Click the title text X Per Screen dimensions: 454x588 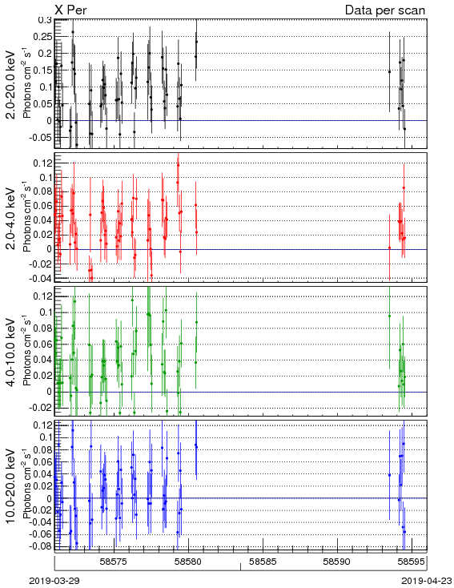[70, 10]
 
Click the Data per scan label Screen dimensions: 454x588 [385, 10]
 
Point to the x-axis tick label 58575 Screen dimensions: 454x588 [114, 562]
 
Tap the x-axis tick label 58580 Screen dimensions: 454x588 [188, 562]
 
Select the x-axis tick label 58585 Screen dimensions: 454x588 [263, 562]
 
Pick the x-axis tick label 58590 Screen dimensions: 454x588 [337, 562]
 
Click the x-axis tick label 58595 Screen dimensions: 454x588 [412, 562]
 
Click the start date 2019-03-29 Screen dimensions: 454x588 [54, 581]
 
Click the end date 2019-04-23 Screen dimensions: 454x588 [427, 581]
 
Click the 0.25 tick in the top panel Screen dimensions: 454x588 [42, 36]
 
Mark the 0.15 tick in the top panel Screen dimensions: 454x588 [42, 70]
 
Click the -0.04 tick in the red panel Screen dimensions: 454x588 [42, 278]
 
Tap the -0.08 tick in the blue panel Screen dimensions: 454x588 [42, 546]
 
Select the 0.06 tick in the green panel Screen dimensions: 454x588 [42, 344]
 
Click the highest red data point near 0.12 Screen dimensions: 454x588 [178, 165]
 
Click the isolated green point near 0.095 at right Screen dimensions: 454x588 [389, 316]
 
